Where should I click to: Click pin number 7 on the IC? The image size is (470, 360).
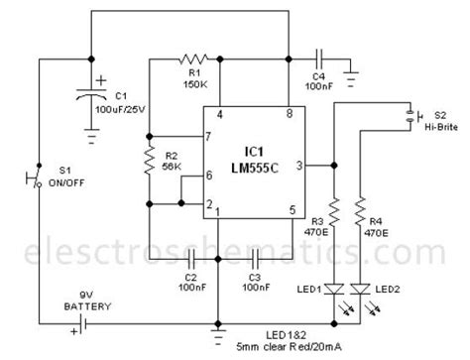(209, 137)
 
